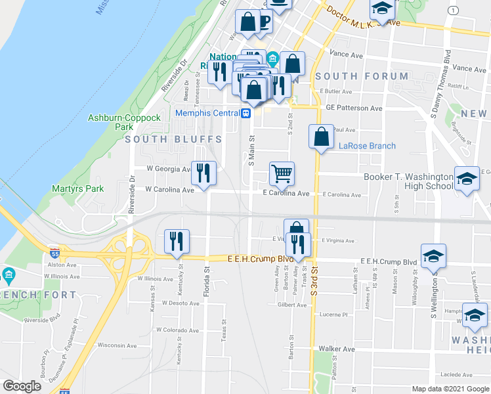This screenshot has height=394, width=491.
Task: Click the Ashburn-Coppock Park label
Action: [124, 122]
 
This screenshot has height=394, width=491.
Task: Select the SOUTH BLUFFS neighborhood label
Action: [161, 139]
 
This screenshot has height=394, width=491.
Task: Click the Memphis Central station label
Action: [207, 113]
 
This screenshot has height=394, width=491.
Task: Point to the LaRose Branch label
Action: [367, 146]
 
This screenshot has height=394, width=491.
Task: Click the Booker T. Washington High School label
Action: [408, 181]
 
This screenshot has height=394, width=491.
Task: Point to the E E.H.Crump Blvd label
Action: [260, 259]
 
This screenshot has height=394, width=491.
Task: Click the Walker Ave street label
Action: [336, 349]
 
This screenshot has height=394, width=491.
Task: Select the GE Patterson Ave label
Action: [354, 108]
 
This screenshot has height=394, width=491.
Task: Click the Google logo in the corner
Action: [22, 386]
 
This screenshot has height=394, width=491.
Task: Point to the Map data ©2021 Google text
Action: [450, 389]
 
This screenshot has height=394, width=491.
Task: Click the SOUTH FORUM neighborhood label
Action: [362, 76]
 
